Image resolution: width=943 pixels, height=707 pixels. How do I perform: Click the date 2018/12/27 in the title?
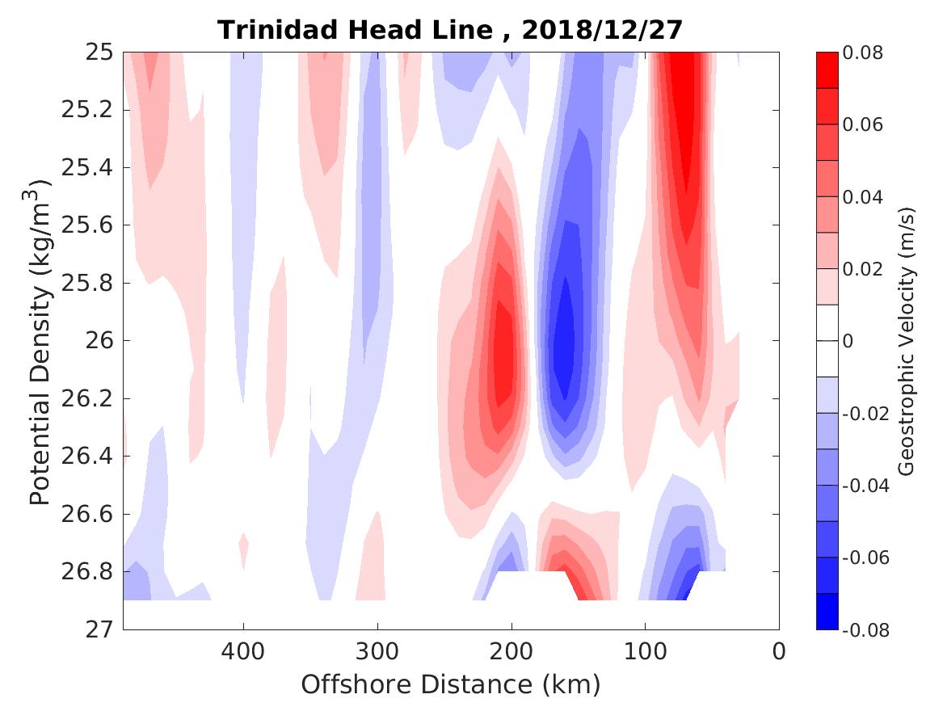[602, 30]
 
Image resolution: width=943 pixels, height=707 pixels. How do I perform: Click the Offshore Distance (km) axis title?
[451, 685]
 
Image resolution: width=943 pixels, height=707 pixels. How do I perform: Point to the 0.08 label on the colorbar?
[863, 53]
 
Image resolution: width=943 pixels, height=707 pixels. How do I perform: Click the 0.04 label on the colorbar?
[863, 197]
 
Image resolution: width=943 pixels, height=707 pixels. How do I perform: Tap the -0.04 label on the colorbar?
[865, 486]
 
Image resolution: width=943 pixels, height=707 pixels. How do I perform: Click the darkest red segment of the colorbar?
[827, 70]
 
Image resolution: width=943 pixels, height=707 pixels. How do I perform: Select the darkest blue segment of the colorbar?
[827, 612]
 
